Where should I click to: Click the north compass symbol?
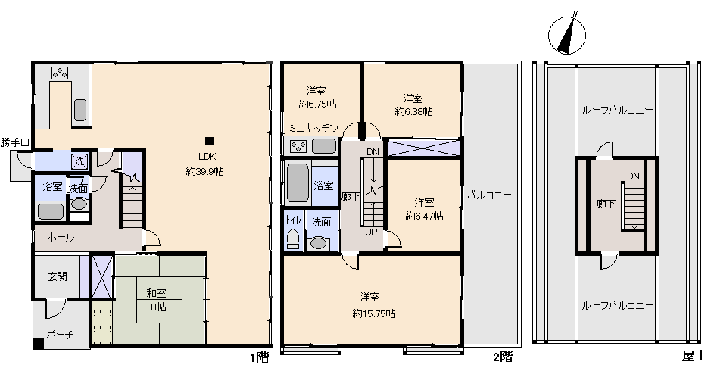point(567,34)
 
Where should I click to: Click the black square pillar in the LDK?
point(209,141)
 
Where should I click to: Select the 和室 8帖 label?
point(156,301)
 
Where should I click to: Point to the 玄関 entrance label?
point(58,276)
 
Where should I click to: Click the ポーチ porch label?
point(60,335)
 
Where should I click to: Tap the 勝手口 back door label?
point(15,142)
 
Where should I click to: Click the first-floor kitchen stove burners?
point(60,73)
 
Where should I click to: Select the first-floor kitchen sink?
point(80,110)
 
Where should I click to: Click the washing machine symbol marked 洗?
point(80,161)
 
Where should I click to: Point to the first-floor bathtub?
point(51,212)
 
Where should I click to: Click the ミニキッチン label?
point(313,129)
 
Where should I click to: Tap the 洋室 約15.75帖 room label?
point(373,305)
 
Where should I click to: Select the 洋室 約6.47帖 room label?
point(424,209)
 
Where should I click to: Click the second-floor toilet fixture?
point(294,238)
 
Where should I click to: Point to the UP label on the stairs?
point(371,232)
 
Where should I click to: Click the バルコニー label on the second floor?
point(488,195)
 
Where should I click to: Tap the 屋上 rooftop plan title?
point(694,356)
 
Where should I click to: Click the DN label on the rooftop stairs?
point(633,176)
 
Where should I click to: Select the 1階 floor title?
point(260,357)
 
